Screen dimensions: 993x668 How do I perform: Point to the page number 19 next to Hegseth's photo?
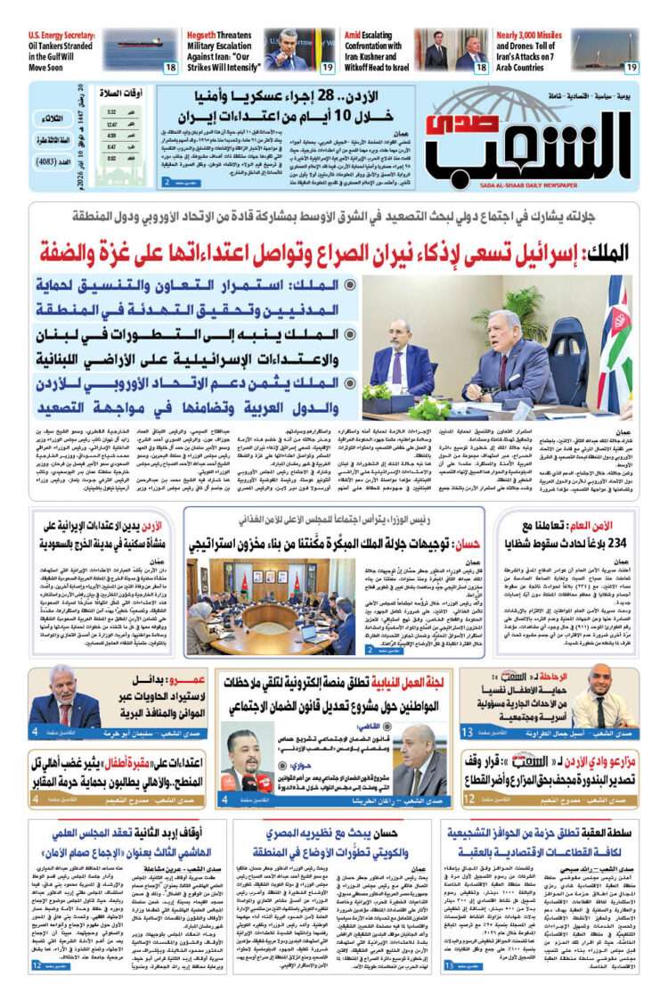tap(327, 68)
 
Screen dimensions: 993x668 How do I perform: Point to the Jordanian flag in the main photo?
tap(617, 330)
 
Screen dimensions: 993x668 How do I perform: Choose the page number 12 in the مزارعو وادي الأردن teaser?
tap(468, 801)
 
